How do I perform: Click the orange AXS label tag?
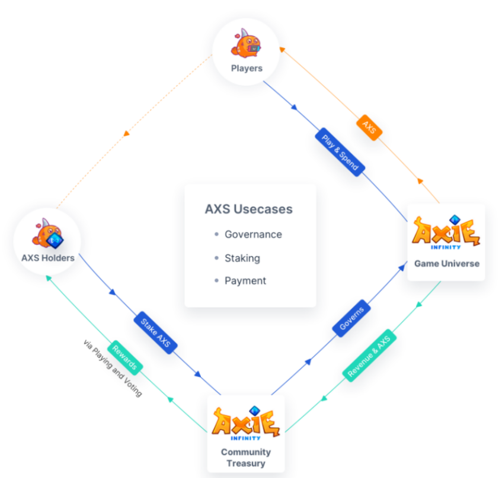click(x=369, y=128)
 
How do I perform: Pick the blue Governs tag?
click(x=351, y=318)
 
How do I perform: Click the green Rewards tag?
click(x=125, y=357)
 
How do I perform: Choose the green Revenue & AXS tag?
click(x=370, y=355)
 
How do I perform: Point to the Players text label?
click(x=247, y=69)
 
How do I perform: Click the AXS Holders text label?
click(x=48, y=258)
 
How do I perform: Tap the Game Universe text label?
click(x=446, y=263)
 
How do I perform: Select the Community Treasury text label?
click(x=245, y=457)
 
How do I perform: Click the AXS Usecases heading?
click(x=249, y=209)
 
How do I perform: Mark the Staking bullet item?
click(x=242, y=258)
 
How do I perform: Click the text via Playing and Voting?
click(x=113, y=368)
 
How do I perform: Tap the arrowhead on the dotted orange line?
click(x=126, y=134)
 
